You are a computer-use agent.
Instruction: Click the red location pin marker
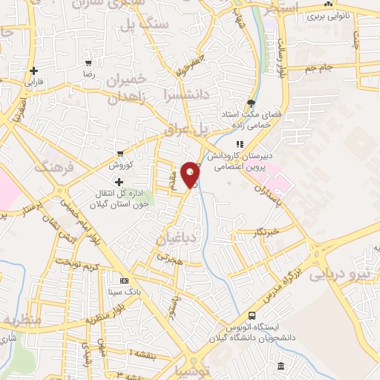click(191, 174)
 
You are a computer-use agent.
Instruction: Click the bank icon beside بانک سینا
click(124, 281)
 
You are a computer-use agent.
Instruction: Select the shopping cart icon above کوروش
click(119, 154)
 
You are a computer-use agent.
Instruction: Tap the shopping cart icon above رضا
click(89, 64)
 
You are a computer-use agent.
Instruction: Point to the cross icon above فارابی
click(33, 71)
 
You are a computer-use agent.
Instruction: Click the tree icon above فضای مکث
click(251, 103)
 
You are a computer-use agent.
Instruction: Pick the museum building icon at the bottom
click(280, 367)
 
